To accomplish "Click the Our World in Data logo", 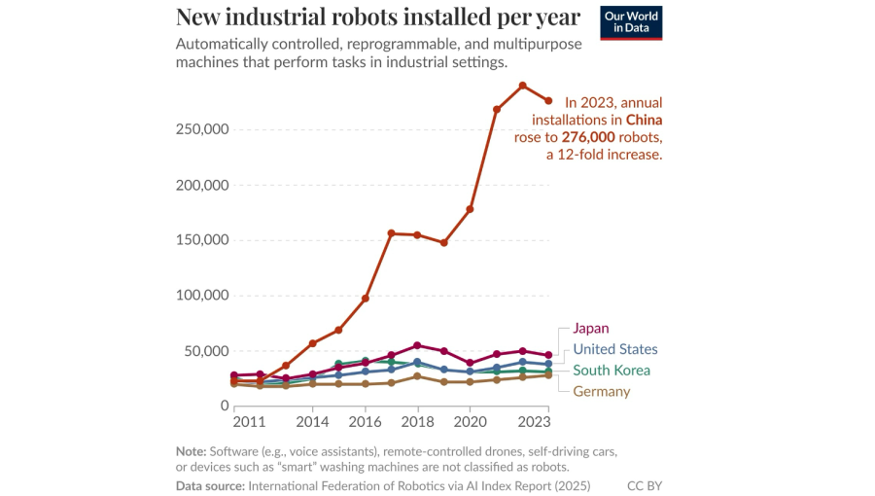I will pyautogui.click(x=632, y=23).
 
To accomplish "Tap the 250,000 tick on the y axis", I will pyautogui.click(x=201, y=130).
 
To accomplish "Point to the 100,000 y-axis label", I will pyautogui.click(x=201, y=296).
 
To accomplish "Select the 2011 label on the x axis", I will pyautogui.click(x=250, y=423).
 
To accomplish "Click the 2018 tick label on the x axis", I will pyautogui.click(x=417, y=423).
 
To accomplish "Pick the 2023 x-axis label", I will pyautogui.click(x=535, y=423).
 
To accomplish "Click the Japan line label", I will pyautogui.click(x=591, y=329).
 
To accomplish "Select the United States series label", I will pyautogui.click(x=615, y=349).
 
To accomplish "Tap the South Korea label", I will pyautogui.click(x=612, y=371).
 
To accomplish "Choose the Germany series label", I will pyautogui.click(x=601, y=391).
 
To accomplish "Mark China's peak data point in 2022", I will pyautogui.click(x=522, y=86).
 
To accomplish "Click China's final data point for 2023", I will pyautogui.click(x=548, y=101).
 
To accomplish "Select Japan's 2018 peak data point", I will pyautogui.click(x=417, y=345).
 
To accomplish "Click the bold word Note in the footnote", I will pyautogui.click(x=190, y=451).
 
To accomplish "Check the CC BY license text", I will pyautogui.click(x=645, y=484).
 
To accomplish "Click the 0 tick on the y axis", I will pyautogui.click(x=224, y=406).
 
